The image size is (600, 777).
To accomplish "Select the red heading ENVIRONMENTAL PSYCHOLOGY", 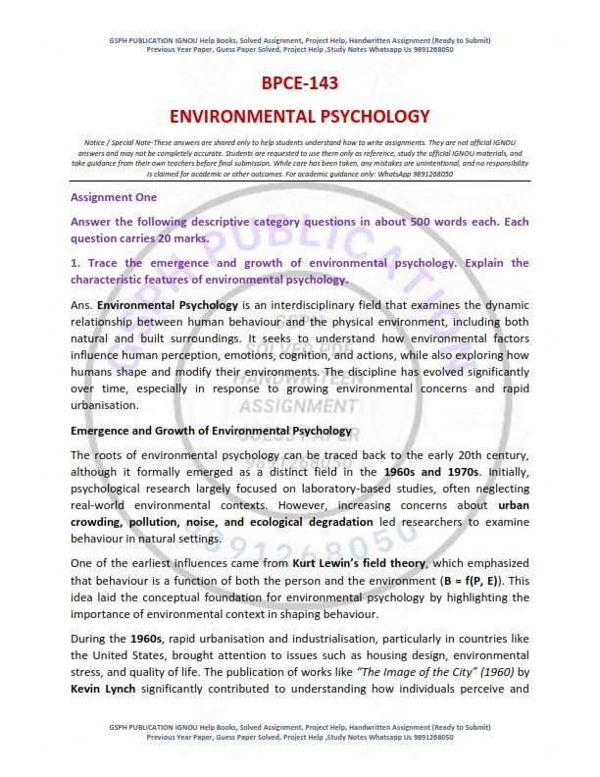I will click(299, 117).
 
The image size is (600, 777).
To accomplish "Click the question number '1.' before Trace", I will click(75, 263).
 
